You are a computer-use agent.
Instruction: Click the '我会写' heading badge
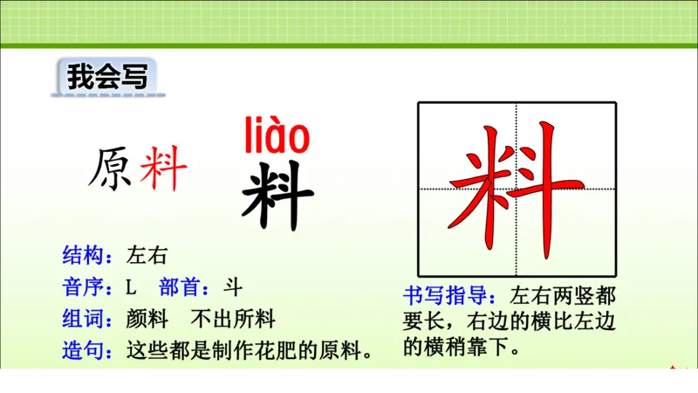coord(104,77)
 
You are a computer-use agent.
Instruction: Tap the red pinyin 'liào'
coord(277,136)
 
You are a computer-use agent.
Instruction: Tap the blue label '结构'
coord(82,256)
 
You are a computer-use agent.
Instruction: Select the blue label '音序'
coord(82,287)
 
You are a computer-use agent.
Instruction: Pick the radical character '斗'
coord(232,287)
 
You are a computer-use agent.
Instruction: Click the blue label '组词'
coord(82,319)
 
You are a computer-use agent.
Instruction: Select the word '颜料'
coord(146,319)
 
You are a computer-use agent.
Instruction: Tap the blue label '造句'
coord(82,351)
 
